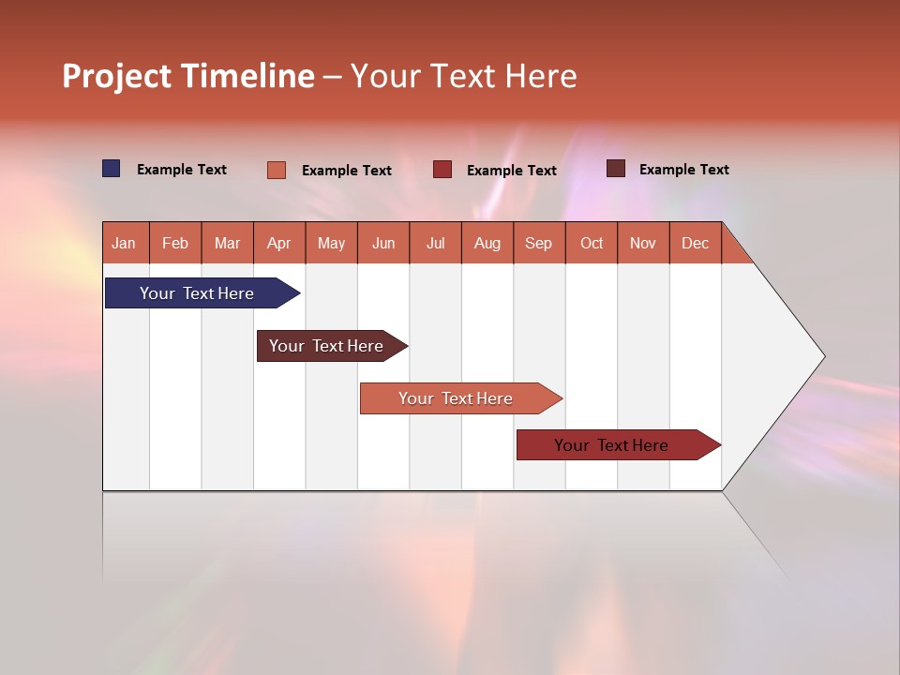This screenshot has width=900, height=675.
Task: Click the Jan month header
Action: (x=124, y=243)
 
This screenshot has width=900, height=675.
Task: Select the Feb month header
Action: (x=175, y=243)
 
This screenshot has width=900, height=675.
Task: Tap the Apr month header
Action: (x=278, y=243)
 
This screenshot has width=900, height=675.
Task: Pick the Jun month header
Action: (x=383, y=243)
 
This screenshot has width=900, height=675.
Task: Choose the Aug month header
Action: (x=487, y=243)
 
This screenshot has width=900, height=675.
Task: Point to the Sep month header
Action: (x=538, y=243)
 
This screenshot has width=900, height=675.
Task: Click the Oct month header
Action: (x=592, y=243)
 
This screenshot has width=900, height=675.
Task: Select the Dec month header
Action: (x=695, y=243)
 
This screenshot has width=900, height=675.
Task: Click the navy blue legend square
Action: (x=112, y=169)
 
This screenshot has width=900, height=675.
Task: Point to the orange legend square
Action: (x=277, y=170)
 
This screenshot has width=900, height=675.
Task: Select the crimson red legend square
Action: (x=442, y=170)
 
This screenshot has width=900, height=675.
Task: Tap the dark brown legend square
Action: (x=616, y=169)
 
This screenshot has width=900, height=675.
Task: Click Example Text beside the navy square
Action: (x=182, y=170)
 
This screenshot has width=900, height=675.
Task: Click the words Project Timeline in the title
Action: (x=188, y=76)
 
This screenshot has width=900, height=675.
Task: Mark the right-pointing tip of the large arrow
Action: (x=822, y=356)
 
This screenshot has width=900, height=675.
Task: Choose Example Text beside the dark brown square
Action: (x=684, y=170)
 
